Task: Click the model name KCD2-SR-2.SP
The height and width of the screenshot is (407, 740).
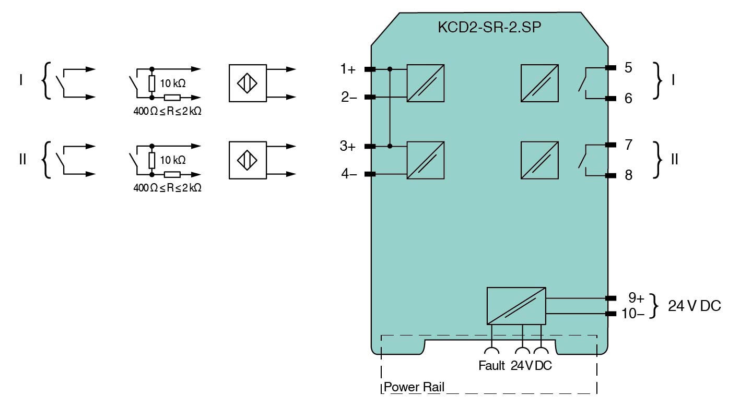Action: (x=489, y=28)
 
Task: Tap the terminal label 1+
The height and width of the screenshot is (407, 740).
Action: (x=348, y=69)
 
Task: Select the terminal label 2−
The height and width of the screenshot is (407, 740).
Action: (x=348, y=98)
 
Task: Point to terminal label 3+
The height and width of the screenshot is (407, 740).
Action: (x=348, y=147)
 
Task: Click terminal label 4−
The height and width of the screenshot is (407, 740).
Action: (x=348, y=175)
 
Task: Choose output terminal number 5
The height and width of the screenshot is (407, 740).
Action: (x=628, y=68)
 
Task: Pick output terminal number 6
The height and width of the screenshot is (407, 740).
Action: (x=628, y=98)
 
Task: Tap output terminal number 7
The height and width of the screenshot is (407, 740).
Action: (x=628, y=145)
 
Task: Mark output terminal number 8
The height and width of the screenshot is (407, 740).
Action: (x=628, y=175)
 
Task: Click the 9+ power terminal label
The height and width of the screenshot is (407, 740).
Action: (x=636, y=298)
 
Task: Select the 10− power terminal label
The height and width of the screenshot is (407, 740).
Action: (x=633, y=314)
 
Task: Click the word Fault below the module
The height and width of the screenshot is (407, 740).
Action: (x=491, y=366)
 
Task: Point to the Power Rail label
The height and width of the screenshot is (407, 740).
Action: (x=414, y=387)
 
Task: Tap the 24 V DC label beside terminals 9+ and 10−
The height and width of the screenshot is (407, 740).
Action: (x=695, y=306)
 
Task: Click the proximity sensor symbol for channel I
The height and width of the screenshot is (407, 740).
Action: (x=248, y=83)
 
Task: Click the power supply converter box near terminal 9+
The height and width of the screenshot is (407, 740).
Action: (x=516, y=306)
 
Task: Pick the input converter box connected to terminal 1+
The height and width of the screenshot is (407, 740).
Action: (x=426, y=83)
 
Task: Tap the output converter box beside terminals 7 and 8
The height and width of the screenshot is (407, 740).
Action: (x=539, y=160)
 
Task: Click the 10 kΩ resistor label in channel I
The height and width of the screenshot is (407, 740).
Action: (x=173, y=83)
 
